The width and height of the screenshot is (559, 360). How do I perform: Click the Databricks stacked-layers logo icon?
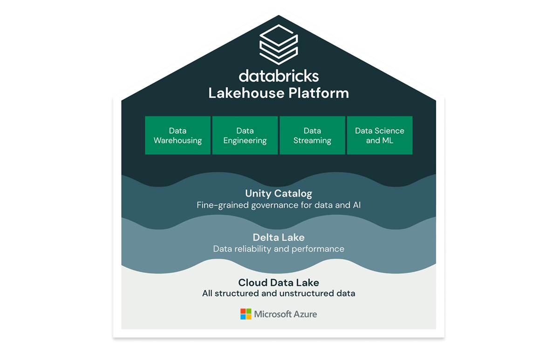279,45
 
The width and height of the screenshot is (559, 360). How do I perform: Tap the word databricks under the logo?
279,76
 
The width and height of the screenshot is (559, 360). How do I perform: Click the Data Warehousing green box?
178,136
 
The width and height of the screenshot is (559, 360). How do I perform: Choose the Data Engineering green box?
245,136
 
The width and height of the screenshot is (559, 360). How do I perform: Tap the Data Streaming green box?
312,136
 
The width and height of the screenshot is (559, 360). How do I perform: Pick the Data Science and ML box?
380,136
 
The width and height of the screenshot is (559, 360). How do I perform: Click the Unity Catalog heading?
279,193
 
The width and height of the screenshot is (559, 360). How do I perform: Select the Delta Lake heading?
279,238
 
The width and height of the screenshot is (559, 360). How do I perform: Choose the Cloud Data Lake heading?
279,282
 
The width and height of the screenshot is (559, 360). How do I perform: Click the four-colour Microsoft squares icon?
245,314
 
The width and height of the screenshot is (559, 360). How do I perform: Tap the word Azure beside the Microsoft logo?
305,314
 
